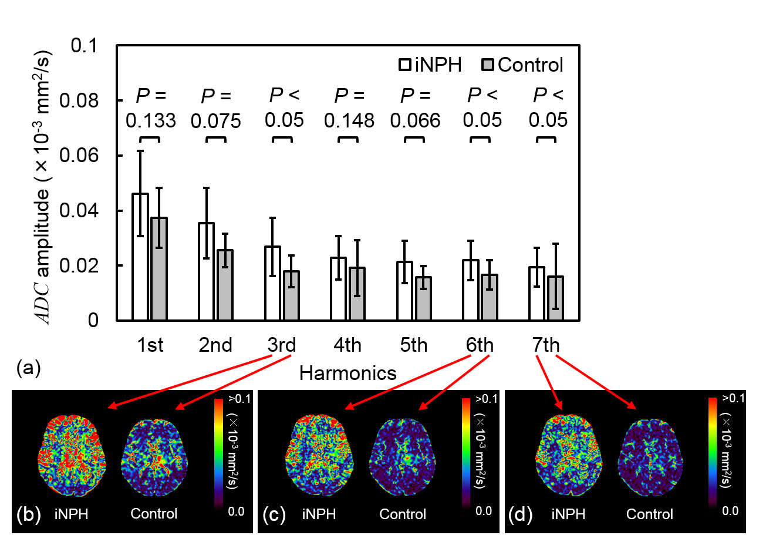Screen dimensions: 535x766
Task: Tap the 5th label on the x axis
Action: tap(414, 345)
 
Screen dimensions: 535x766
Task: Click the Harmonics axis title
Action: tap(347, 372)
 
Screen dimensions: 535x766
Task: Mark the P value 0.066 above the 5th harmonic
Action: tap(414, 121)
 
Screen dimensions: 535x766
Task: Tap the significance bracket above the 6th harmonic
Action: tap(480, 139)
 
